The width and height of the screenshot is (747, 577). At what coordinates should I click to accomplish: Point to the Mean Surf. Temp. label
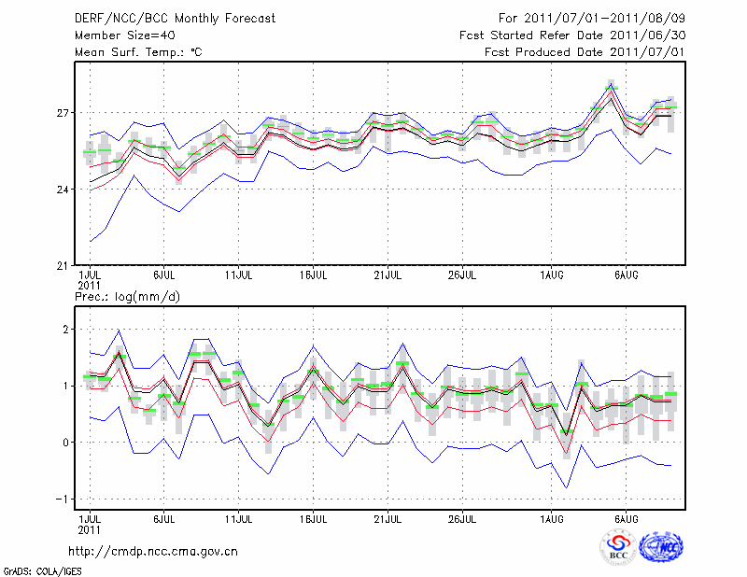tap(138, 52)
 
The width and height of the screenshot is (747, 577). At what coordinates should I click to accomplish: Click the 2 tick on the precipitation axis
tap(67, 330)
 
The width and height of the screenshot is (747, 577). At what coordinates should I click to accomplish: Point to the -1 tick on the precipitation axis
tap(63, 500)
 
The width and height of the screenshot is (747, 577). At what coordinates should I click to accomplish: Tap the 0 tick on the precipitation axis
tap(67, 443)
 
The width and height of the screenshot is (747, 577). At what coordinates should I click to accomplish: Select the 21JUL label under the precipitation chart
tap(388, 517)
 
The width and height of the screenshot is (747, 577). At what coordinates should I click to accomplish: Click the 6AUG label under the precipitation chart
tap(626, 517)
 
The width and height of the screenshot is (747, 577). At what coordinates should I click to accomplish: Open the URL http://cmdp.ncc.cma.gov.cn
tap(153, 551)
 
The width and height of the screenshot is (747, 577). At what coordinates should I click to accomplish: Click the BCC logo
tap(617, 548)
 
